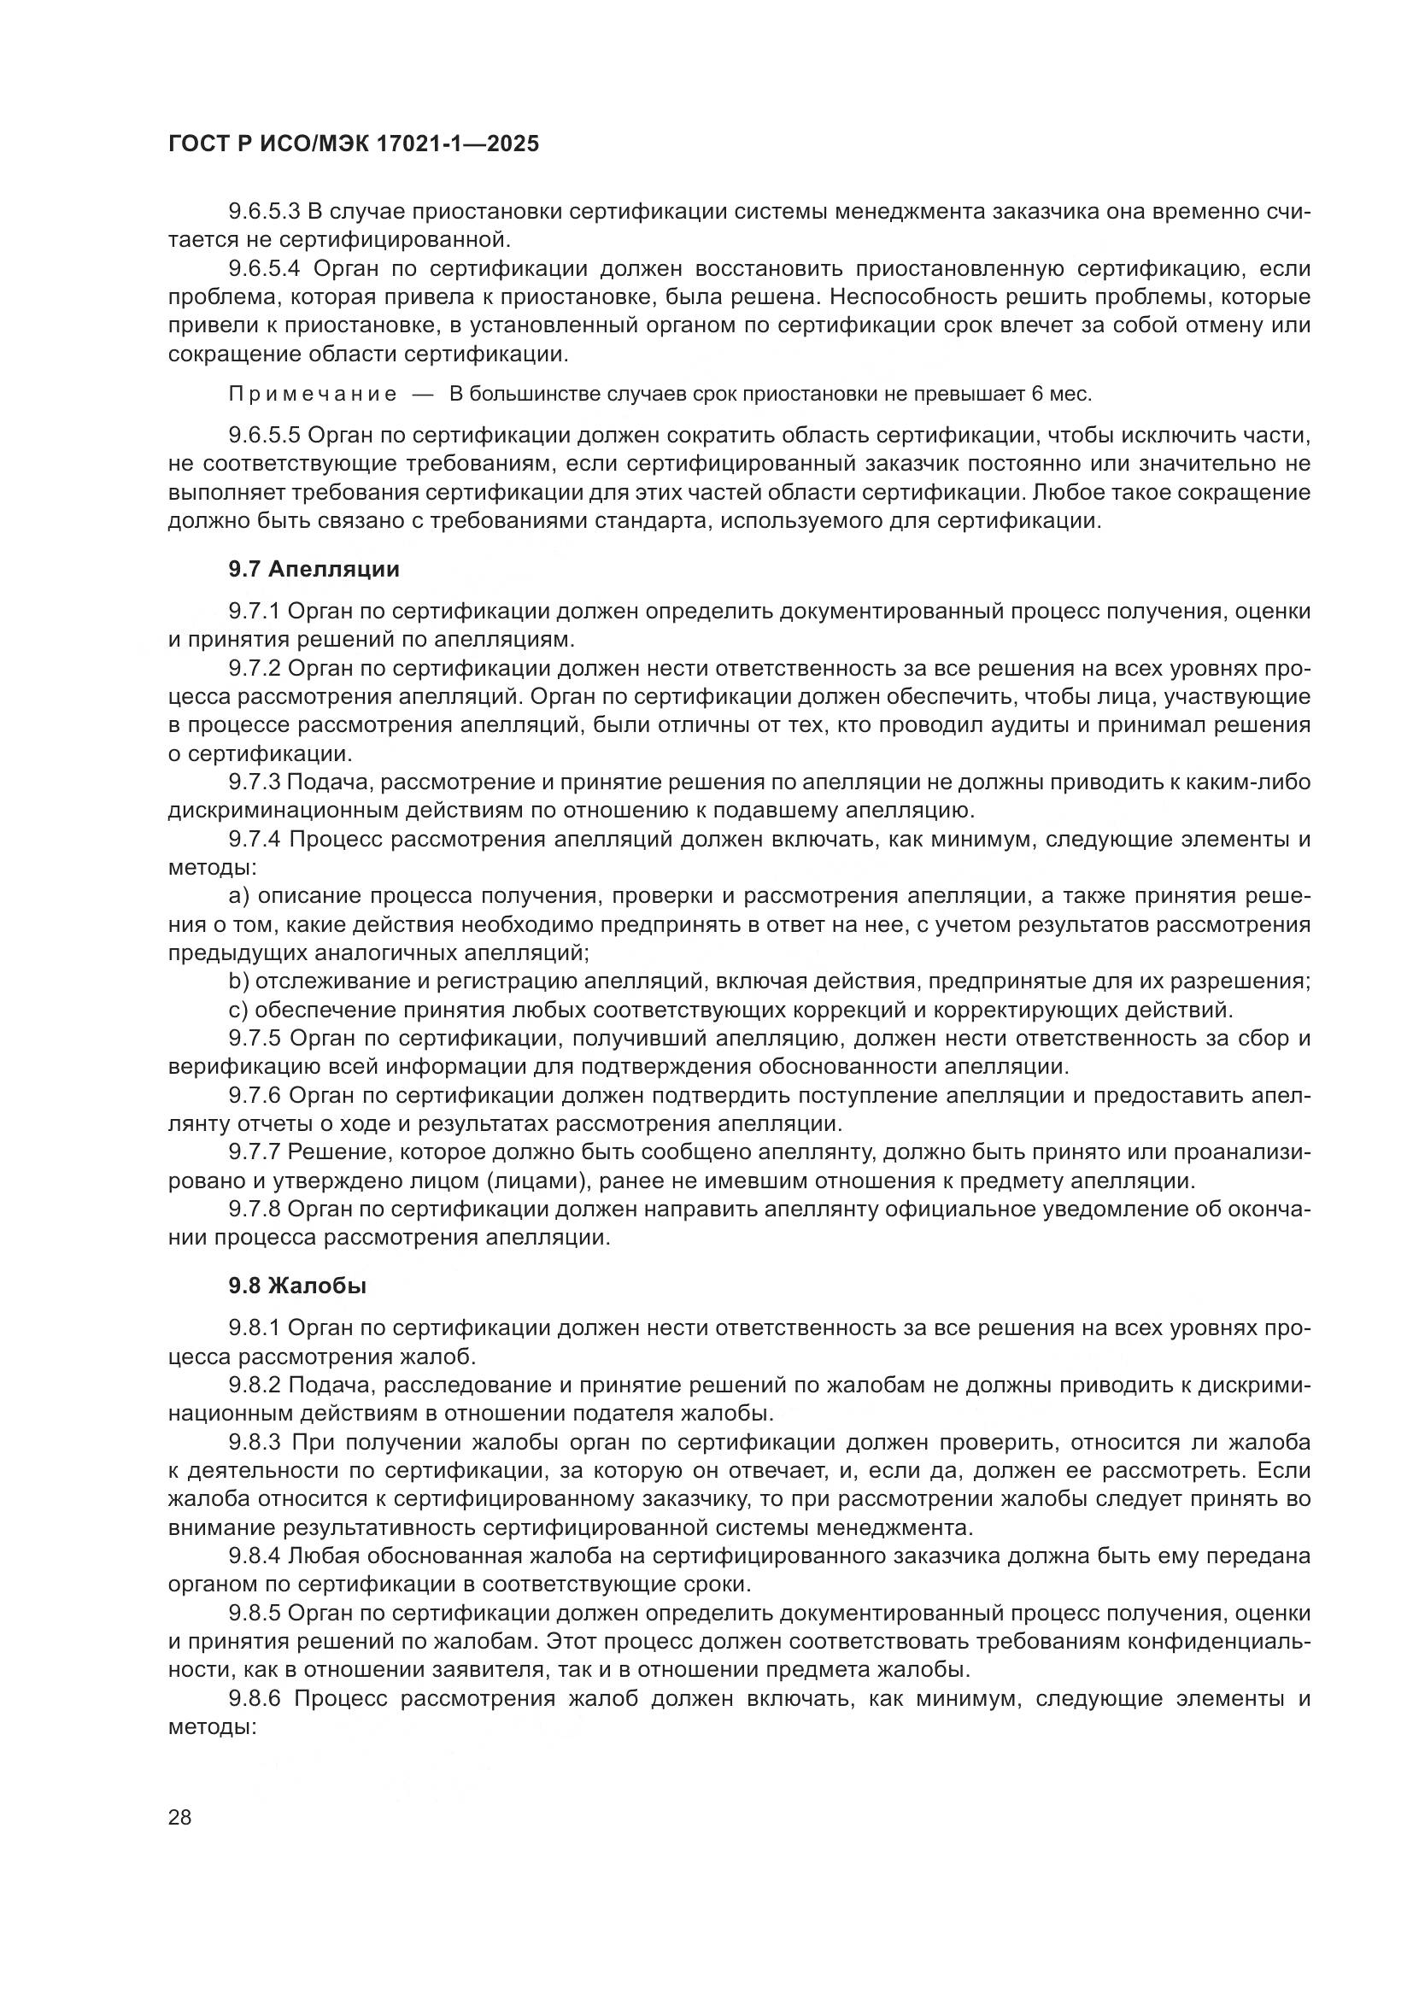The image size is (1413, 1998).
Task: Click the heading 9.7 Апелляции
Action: click(x=314, y=569)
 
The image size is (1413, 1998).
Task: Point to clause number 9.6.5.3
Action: click(x=264, y=211)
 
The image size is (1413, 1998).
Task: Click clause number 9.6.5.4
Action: click(x=264, y=269)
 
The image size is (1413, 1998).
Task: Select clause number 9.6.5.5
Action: click(x=264, y=435)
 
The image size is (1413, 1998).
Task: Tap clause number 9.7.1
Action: click(x=254, y=612)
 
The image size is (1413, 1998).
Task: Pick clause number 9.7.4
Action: click(x=254, y=840)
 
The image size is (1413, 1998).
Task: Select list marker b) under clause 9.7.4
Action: click(x=238, y=981)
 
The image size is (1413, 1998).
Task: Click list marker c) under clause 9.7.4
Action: click(x=237, y=1011)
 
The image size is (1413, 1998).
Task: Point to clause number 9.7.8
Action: click(x=254, y=1209)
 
